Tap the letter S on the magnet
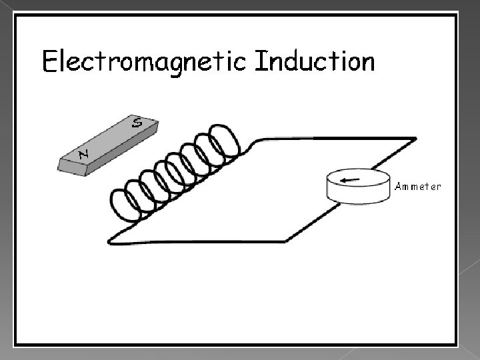tap(136, 122)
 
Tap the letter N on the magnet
tap(84, 155)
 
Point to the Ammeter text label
tap(417, 187)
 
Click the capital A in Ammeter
tap(398, 187)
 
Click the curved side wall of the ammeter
tap(358, 194)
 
